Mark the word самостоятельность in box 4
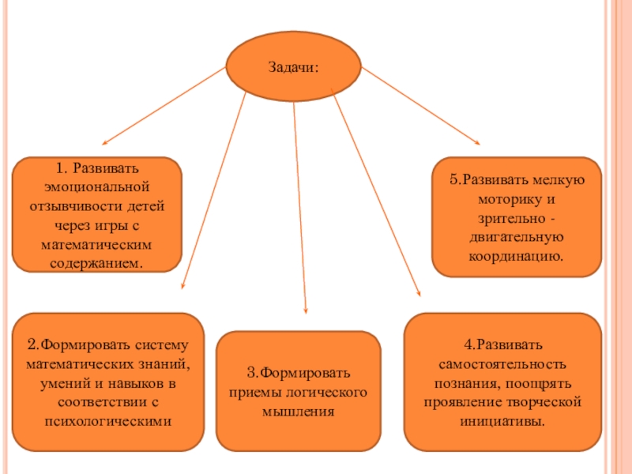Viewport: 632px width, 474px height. click(x=502, y=365)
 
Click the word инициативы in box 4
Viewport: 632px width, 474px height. click(x=502, y=421)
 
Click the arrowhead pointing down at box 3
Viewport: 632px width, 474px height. click(x=306, y=312)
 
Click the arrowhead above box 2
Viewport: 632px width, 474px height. click(x=183, y=288)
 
